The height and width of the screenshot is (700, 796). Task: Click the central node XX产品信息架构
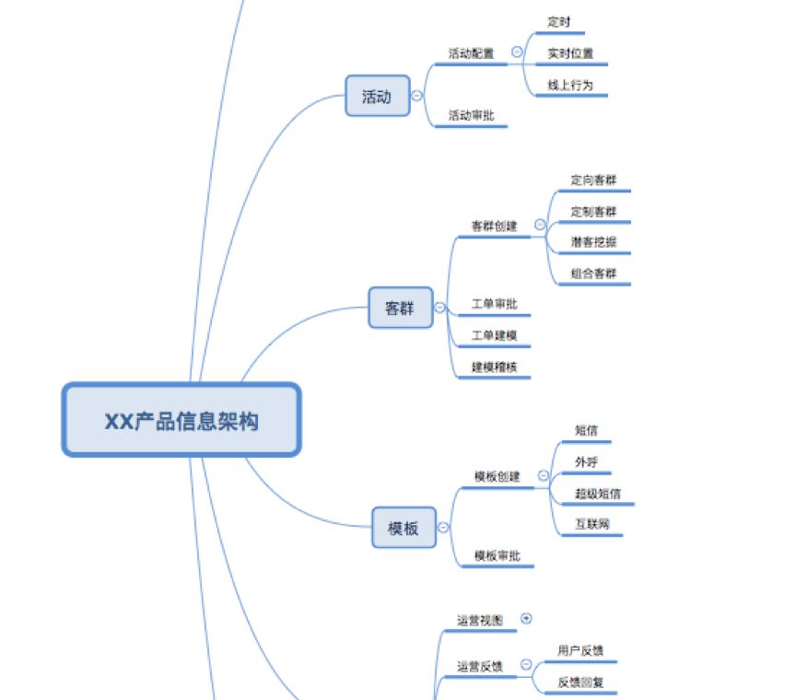point(181,420)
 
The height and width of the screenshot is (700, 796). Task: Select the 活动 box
point(377,96)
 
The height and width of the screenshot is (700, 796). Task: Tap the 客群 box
point(401,309)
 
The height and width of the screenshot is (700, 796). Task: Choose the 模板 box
point(404,528)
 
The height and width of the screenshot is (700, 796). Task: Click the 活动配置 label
point(471,53)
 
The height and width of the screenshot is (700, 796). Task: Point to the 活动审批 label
point(471,115)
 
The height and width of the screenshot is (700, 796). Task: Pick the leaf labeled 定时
point(559,21)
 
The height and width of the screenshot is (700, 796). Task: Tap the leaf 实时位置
point(570,53)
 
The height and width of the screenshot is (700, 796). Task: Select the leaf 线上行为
point(570,85)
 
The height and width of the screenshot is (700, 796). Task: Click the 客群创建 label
point(495,226)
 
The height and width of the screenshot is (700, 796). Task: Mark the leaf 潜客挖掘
point(594,242)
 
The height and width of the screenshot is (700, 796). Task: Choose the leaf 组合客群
point(594,274)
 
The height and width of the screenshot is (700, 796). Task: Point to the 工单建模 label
point(495,335)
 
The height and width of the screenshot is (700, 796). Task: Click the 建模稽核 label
point(495,367)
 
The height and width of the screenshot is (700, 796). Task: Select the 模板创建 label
point(497,476)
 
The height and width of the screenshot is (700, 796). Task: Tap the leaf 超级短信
point(598,494)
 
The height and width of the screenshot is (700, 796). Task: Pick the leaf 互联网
point(592,524)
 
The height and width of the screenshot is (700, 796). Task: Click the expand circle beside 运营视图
point(526,619)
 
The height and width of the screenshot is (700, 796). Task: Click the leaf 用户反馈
point(581,650)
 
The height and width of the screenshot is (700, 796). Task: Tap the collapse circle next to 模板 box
point(444,528)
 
